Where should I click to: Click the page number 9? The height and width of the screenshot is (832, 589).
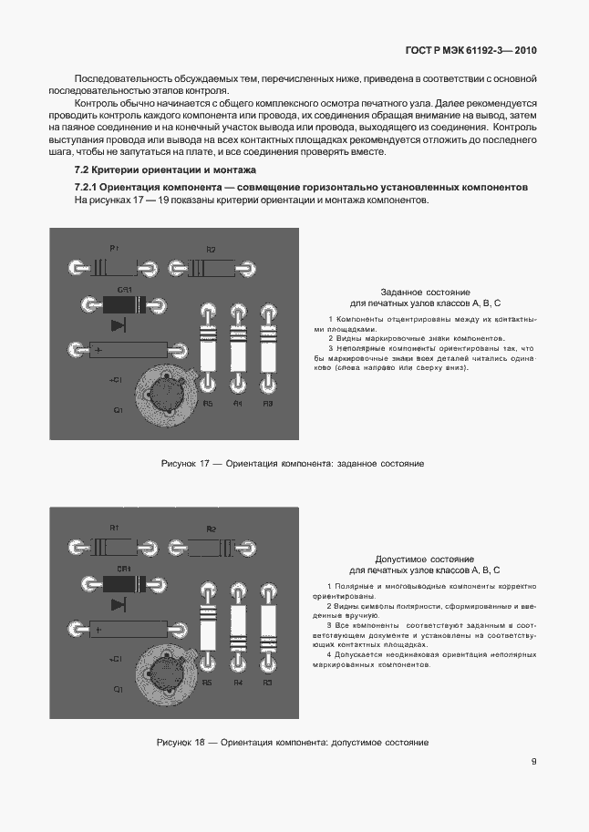point(533,763)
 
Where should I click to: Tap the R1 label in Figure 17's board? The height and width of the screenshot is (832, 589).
point(115,248)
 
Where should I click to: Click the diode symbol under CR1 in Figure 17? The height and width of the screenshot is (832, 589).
point(119,324)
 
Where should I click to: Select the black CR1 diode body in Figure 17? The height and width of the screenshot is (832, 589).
point(122,304)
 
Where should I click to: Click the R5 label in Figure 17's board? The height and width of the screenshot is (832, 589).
point(208,404)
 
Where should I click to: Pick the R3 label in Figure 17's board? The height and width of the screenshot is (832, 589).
point(268,404)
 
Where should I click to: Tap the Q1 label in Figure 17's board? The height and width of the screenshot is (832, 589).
point(118,411)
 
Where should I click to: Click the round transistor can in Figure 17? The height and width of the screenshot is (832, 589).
point(166,394)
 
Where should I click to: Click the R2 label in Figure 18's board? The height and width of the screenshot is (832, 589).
point(211,528)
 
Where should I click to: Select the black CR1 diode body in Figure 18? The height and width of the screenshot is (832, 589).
point(122,584)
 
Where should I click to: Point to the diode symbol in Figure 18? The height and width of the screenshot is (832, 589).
point(119,603)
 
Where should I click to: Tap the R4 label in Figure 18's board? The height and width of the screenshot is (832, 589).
point(238,683)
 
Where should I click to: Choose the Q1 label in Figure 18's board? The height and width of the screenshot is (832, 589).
point(118,690)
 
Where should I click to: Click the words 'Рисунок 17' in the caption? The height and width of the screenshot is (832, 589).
point(185,464)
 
